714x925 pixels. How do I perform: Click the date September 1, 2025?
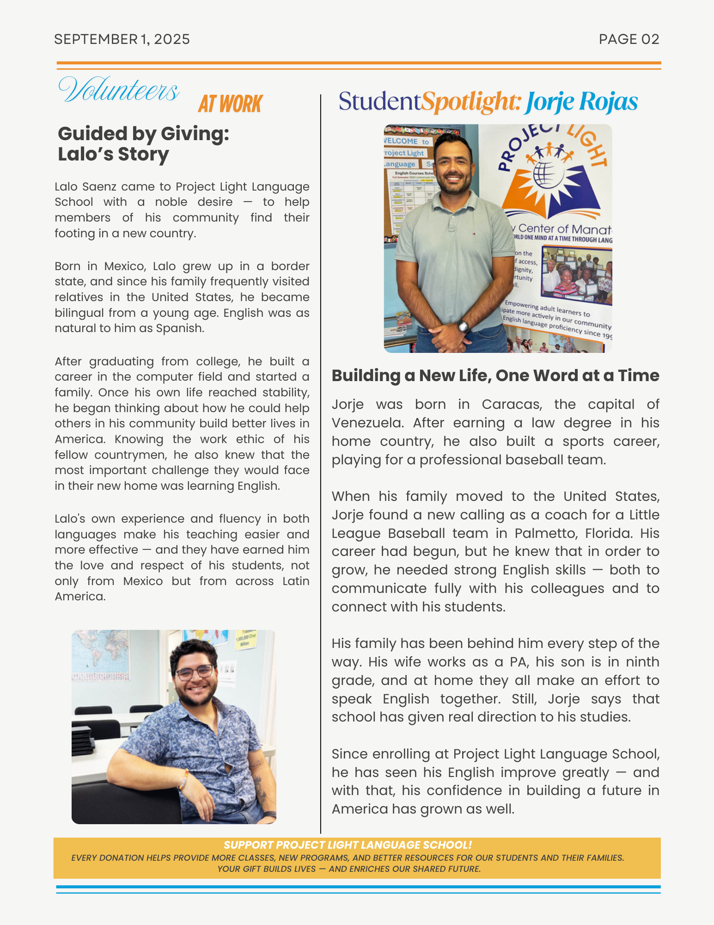click(x=122, y=39)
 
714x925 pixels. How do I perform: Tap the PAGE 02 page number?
click(x=629, y=39)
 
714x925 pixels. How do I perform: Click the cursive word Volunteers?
click(x=119, y=90)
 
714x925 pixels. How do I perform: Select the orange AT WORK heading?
click(x=230, y=104)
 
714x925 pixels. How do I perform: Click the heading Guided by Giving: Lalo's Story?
click(x=143, y=144)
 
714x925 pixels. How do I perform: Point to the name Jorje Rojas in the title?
click(x=581, y=102)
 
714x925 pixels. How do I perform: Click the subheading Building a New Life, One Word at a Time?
click(x=495, y=376)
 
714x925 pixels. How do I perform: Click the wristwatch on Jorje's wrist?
click(x=463, y=327)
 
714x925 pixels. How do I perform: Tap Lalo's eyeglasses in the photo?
click(x=195, y=672)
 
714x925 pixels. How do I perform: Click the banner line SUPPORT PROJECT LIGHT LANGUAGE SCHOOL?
click(x=348, y=845)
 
